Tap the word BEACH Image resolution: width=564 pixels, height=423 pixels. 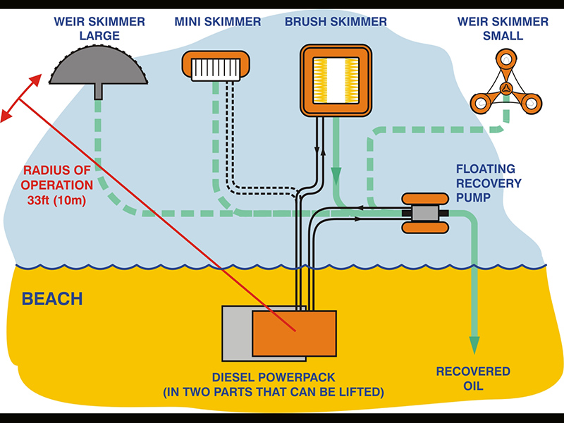(52, 299)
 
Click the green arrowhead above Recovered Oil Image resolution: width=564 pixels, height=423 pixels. (474, 344)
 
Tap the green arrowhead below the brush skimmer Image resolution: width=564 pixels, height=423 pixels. (336, 173)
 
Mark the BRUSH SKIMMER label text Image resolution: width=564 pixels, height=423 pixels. (336, 22)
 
